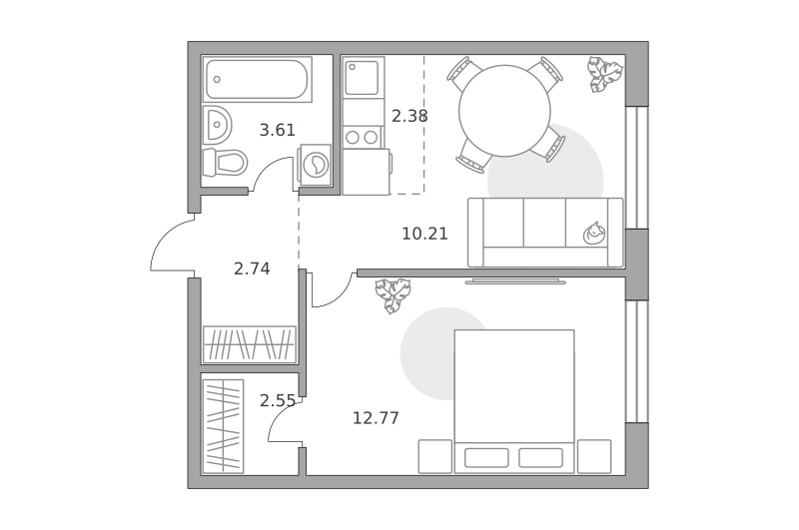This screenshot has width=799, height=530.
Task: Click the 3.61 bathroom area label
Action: click(x=278, y=131)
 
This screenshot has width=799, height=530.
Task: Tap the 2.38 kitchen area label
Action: click(x=409, y=117)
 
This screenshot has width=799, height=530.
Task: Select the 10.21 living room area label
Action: click(x=425, y=235)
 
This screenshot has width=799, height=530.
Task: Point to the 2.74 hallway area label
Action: click(x=252, y=268)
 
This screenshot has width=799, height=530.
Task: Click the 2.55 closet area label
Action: click(x=278, y=401)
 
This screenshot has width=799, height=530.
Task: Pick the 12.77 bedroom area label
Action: click(x=377, y=418)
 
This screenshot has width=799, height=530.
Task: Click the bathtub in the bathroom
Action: click(x=258, y=80)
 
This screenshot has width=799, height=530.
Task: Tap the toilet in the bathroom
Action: click(x=225, y=163)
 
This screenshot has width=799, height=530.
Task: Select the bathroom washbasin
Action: click(x=217, y=125)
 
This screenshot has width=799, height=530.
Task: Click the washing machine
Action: click(x=316, y=165)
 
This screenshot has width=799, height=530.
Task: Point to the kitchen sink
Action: click(x=362, y=78)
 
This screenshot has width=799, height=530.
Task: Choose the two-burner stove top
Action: click(x=363, y=137)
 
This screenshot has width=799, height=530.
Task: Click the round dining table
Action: click(x=504, y=111)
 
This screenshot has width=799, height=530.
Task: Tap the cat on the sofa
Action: click(x=594, y=234)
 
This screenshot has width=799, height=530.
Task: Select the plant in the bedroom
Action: click(x=393, y=295)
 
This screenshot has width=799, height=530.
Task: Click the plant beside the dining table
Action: click(x=605, y=74)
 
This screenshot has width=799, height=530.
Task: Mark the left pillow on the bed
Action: click(x=486, y=458)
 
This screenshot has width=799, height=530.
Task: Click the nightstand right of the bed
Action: click(x=594, y=457)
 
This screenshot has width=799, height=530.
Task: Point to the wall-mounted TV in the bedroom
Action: click(x=515, y=281)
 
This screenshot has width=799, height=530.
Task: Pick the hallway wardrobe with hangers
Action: click(x=249, y=344)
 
